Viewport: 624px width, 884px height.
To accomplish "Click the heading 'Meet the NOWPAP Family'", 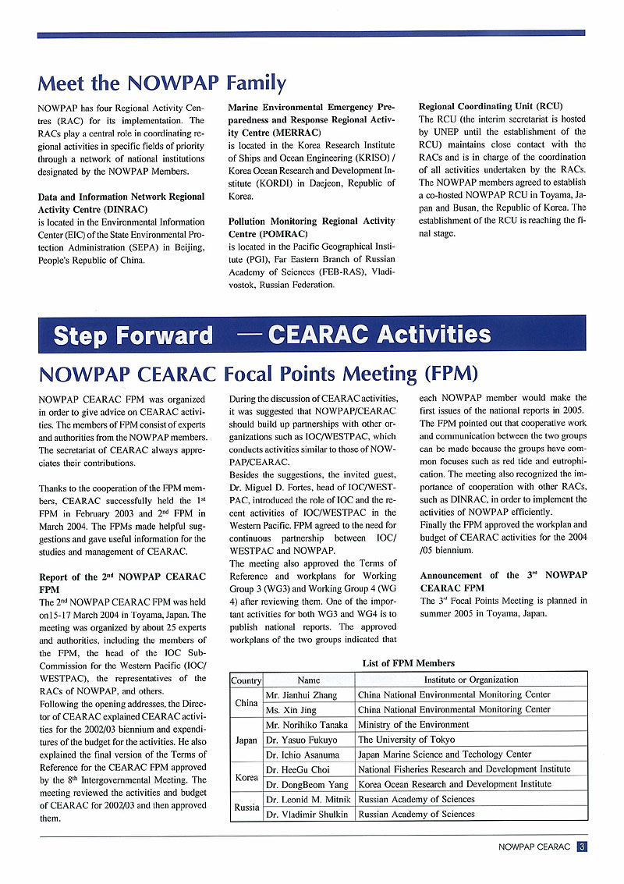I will point(161,83).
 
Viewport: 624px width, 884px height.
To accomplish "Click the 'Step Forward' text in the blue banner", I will point(133,335).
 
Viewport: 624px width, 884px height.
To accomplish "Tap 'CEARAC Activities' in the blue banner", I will point(379,335).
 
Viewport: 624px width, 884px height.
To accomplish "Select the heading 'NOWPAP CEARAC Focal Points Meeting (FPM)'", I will point(258,374).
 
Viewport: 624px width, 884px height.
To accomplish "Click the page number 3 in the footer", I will point(582,847).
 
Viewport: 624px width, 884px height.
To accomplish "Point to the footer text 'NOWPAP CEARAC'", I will point(534,847).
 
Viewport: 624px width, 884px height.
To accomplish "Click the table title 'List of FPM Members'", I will point(408,663).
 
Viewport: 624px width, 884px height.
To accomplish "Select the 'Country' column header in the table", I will point(246,680).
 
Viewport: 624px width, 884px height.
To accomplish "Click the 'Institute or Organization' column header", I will point(470,680).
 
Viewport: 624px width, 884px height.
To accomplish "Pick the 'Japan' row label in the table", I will point(246,740).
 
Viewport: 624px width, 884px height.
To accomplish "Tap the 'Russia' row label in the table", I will point(246,807).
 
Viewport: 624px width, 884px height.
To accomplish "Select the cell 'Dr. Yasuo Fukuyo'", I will point(302,740).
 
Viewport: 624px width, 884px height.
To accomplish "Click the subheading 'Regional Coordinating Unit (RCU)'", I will point(491,106).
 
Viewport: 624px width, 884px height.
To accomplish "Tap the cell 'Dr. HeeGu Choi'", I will point(298,769).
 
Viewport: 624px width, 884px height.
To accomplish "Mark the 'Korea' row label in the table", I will point(246,777).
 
